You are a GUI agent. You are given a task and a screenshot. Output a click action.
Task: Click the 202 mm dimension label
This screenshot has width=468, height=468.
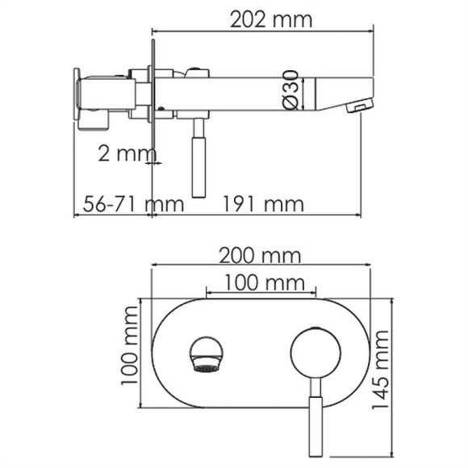pyautogui.click(x=261, y=19)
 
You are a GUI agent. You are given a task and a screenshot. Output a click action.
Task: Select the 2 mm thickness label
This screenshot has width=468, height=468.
pyautogui.click(x=122, y=151)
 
